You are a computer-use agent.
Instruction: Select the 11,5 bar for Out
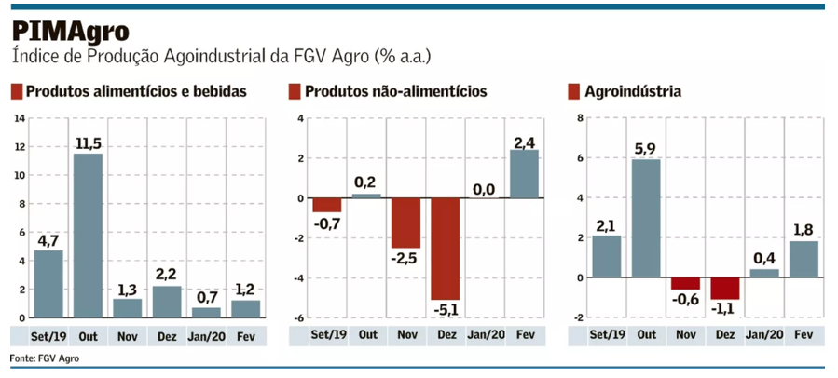(88, 235)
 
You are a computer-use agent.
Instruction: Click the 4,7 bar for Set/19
(48, 284)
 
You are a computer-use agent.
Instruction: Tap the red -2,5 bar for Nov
(405, 223)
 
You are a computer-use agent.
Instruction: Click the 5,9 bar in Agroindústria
(645, 218)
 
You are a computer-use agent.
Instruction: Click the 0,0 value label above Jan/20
(484, 189)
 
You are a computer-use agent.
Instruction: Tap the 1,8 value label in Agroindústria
(804, 228)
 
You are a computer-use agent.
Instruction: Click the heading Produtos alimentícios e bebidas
(136, 92)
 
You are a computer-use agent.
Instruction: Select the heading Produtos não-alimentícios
(395, 92)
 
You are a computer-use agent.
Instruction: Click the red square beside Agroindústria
(574, 92)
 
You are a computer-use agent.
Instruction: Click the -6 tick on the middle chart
(300, 318)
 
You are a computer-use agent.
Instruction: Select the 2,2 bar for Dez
(166, 302)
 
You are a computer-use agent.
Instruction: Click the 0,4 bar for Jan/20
(763, 273)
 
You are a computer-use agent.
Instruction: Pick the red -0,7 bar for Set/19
(326, 205)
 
